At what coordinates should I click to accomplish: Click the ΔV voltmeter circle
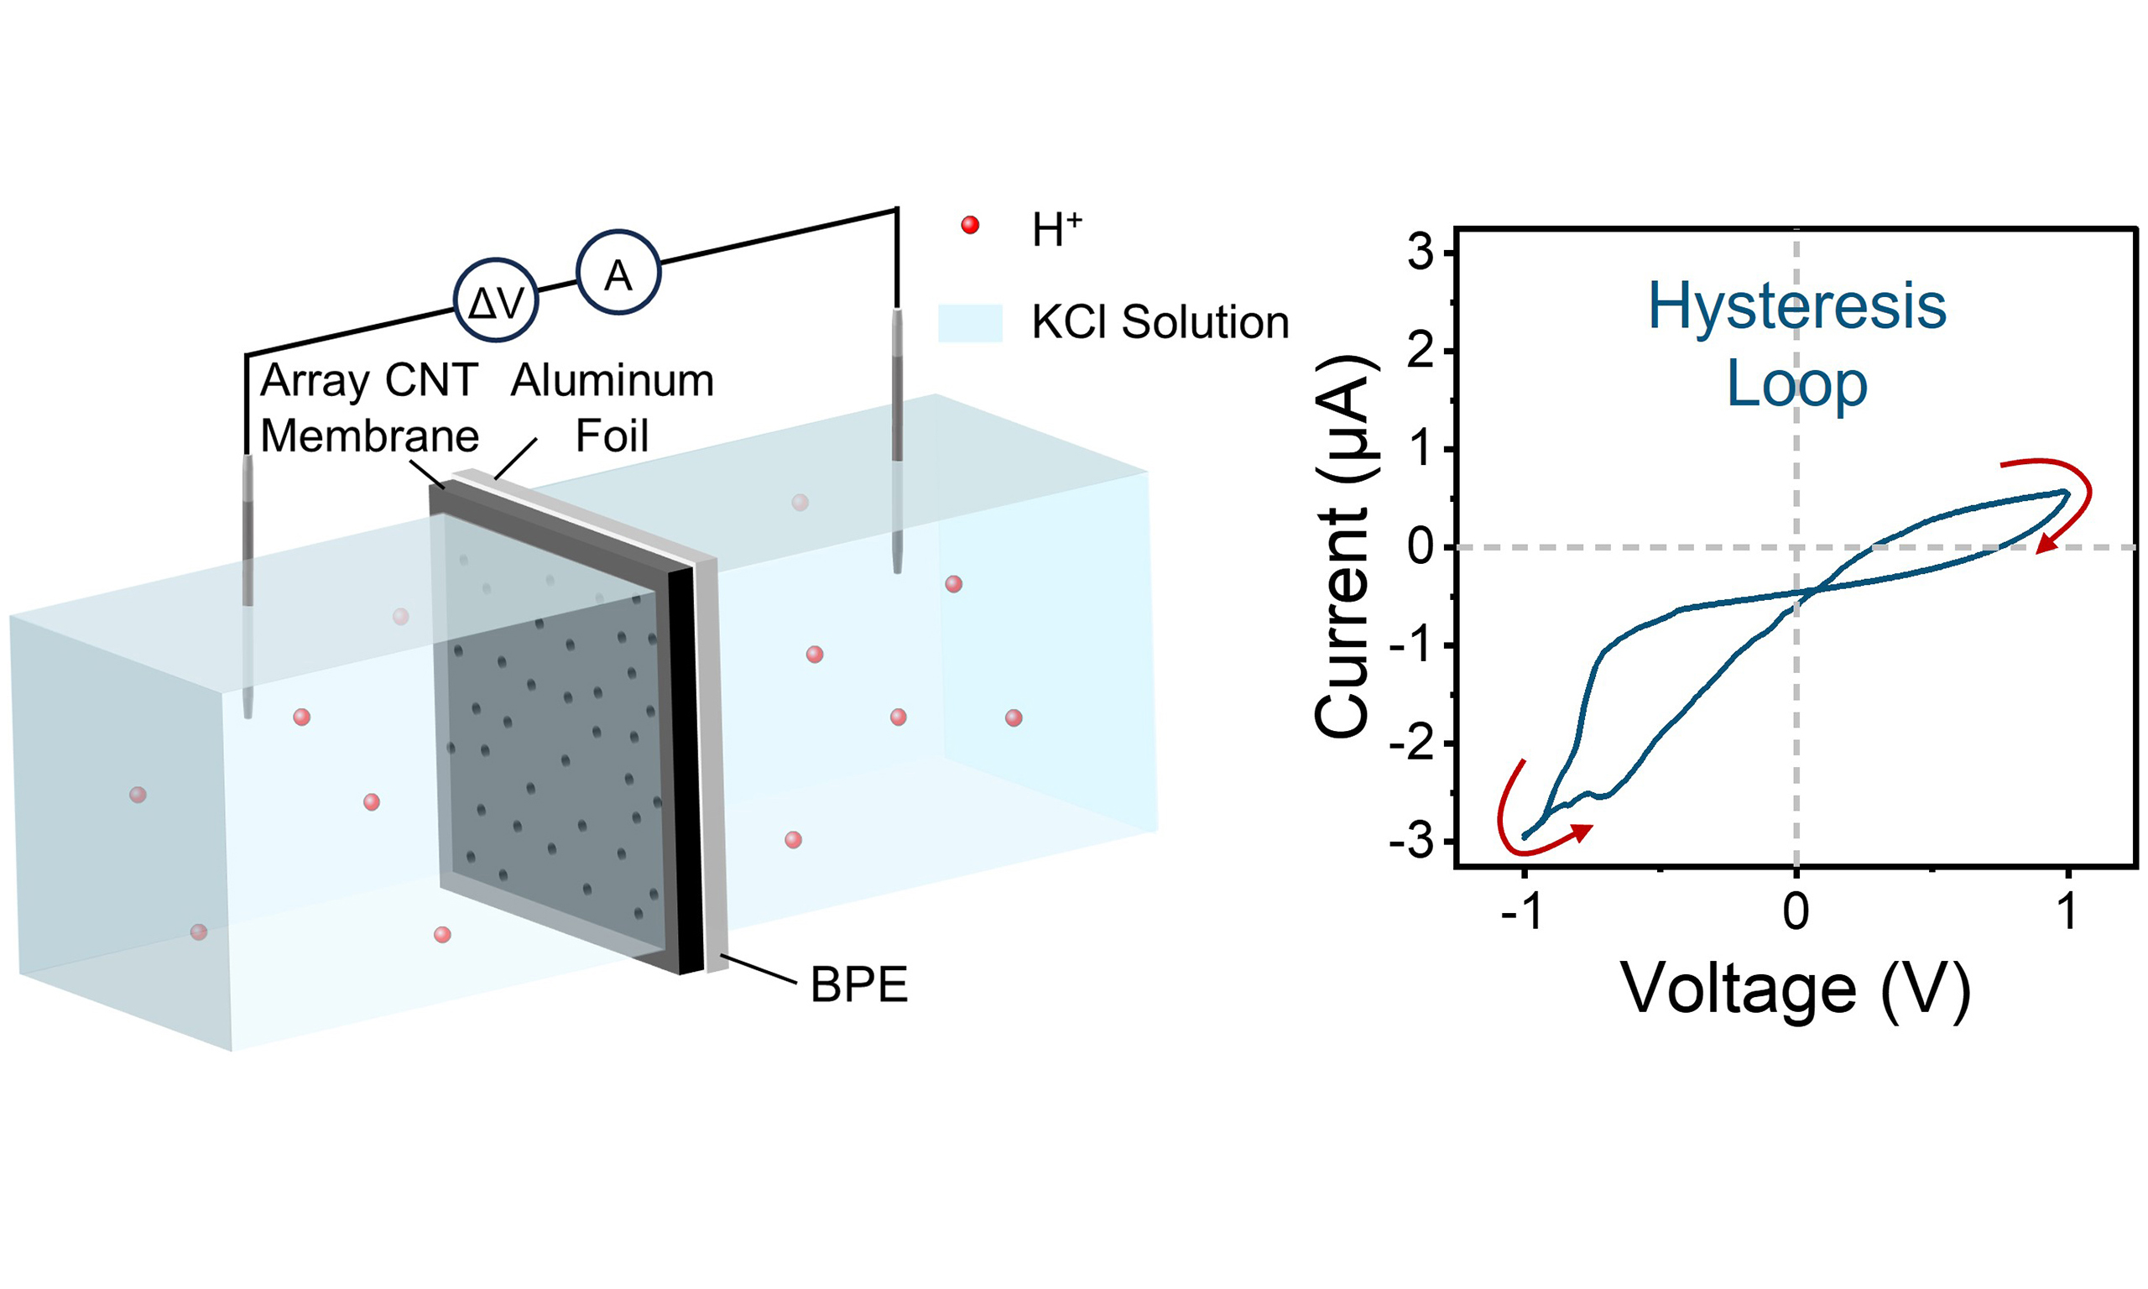coord(496,300)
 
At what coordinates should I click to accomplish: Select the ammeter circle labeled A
coord(618,273)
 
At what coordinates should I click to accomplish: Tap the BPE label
coord(858,985)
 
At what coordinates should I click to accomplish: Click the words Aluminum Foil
coord(613,407)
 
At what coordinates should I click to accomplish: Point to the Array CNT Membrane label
coord(369,407)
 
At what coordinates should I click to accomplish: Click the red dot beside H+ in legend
coord(970,226)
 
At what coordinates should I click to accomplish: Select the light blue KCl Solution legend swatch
coord(970,323)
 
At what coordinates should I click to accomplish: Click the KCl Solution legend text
coord(1160,323)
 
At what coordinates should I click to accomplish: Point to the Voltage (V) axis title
coord(1796,989)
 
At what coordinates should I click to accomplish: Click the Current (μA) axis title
coord(1344,547)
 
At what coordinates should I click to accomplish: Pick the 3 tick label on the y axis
coord(1421,253)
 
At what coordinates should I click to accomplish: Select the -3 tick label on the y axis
coord(1413,842)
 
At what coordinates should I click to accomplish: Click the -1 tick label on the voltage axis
coord(1521,912)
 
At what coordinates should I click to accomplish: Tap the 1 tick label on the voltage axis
coord(2067,912)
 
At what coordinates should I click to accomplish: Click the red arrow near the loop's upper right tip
coord(2071,508)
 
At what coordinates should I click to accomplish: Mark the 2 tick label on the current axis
coord(1421,352)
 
